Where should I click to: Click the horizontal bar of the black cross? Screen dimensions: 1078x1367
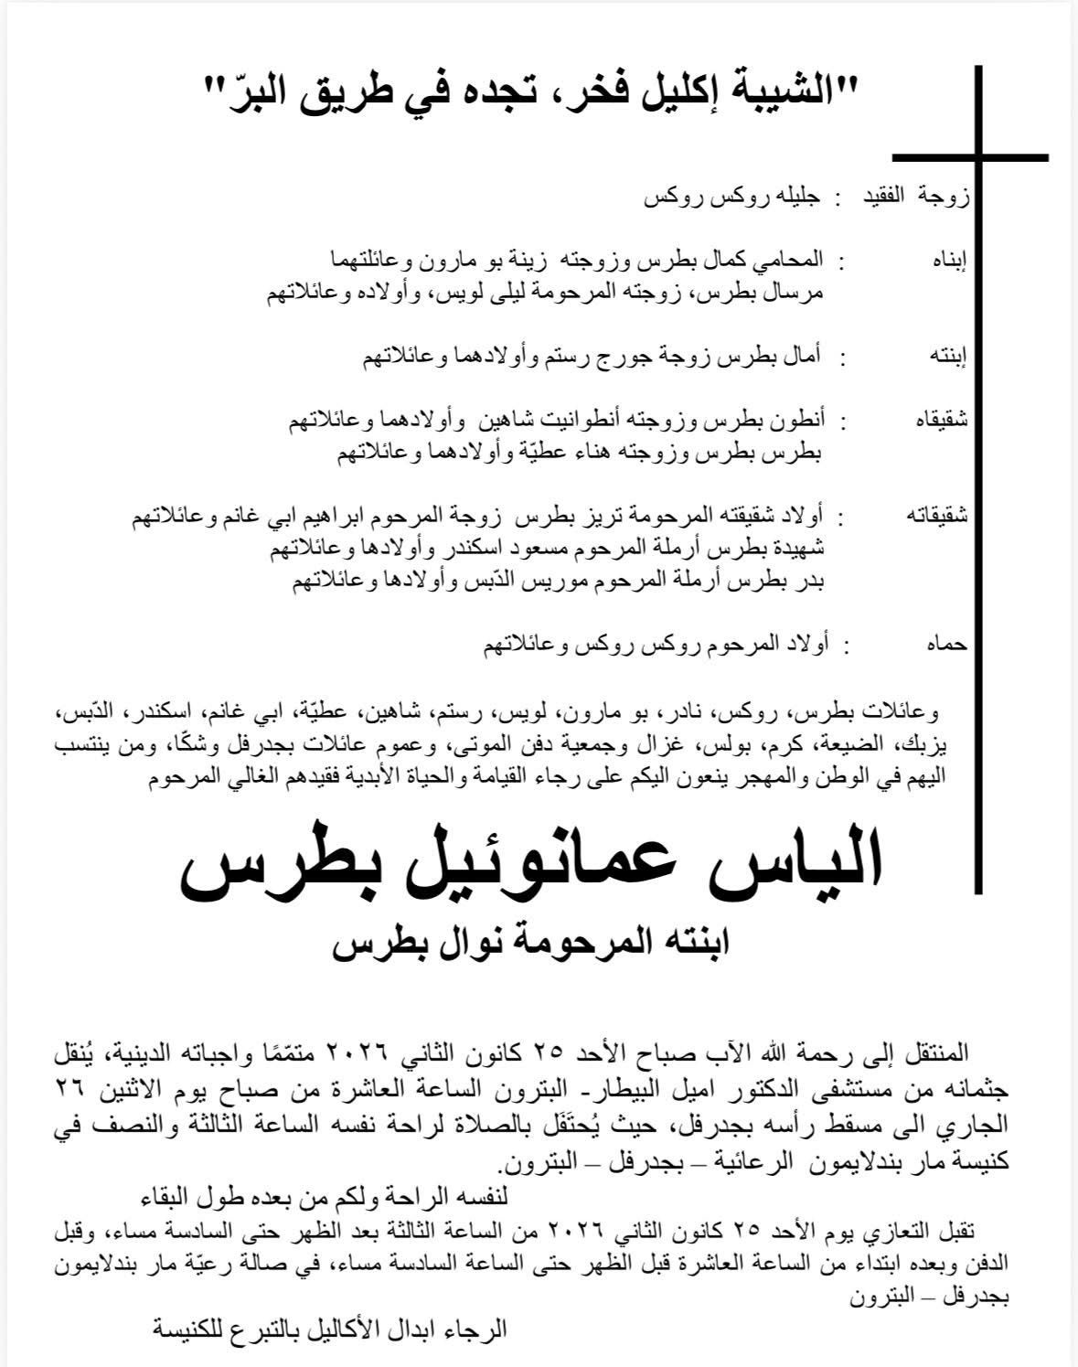point(969,158)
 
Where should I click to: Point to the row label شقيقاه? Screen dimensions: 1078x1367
point(941,420)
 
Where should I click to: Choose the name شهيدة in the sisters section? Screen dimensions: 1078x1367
point(802,550)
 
